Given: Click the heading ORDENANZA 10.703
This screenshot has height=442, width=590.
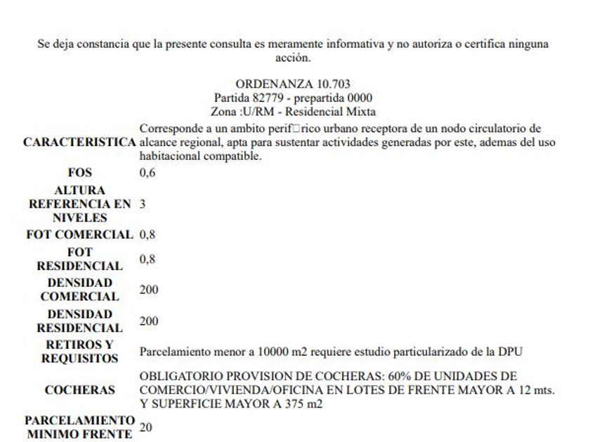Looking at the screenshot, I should coord(293,84).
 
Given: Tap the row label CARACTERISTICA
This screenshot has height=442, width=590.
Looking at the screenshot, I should coord(79,142).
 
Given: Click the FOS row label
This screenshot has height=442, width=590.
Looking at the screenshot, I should coord(79,173).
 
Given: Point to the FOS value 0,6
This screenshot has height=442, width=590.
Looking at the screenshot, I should coord(147,173).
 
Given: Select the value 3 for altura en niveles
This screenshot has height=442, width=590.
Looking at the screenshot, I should coord(143,203).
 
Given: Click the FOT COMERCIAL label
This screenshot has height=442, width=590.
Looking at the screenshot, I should coord(79,234).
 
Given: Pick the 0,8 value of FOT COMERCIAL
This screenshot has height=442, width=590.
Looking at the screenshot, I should coord(147,234).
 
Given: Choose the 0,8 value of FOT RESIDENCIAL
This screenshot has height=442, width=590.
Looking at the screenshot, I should coord(147,259).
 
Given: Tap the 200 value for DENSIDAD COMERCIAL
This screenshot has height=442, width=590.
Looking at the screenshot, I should coord(149,289).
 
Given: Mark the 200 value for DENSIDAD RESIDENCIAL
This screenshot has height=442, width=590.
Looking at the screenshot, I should coord(149,321).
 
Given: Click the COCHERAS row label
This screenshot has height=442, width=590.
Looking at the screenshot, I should coord(79,389).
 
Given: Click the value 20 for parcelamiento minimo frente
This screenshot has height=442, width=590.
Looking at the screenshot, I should coord(146,426).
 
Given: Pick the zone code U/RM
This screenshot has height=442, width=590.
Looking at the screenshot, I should coord(252,111).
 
